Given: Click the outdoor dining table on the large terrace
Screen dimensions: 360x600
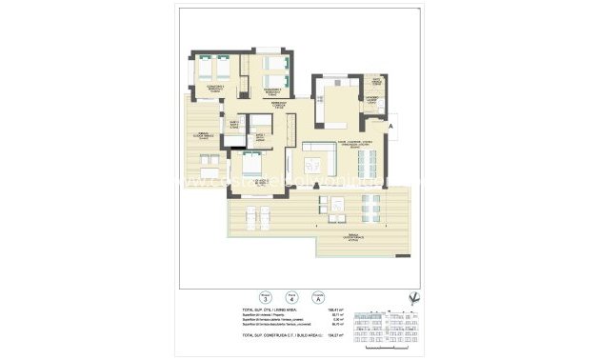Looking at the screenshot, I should [372, 203].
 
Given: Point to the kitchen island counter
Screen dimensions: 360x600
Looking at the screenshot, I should [342, 100].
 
